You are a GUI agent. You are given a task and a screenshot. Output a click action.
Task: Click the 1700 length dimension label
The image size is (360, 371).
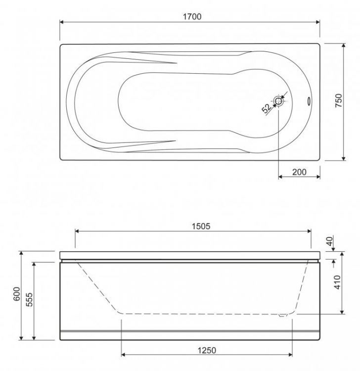(192, 17)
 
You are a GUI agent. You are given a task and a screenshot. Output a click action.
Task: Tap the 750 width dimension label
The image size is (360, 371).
(338, 100)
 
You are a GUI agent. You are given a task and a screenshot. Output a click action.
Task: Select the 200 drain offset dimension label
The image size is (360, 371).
(299, 172)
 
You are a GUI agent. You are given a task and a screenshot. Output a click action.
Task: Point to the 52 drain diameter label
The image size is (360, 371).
(267, 108)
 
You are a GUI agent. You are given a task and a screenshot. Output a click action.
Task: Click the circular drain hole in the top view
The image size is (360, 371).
(278, 101)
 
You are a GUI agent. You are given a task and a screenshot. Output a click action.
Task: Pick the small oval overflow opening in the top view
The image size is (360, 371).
(309, 101)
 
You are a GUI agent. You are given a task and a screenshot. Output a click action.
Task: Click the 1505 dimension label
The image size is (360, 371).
(201, 227)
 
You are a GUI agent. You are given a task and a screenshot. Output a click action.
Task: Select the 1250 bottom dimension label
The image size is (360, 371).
(207, 350)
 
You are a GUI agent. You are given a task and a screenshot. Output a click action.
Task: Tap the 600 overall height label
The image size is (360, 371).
(17, 294)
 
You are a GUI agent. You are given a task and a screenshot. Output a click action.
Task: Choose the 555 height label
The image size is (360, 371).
(29, 300)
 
